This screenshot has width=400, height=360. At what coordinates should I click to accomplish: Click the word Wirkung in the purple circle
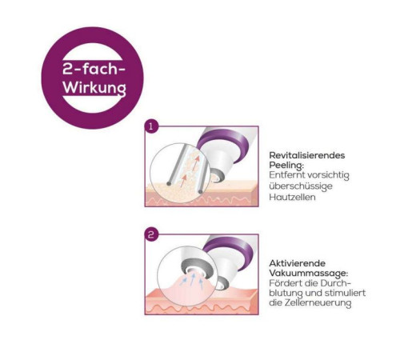pyautogui.click(x=94, y=87)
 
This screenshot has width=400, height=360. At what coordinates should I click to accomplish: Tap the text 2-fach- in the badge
pyautogui.click(x=94, y=69)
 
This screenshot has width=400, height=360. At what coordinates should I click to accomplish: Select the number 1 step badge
pyautogui.click(x=151, y=126)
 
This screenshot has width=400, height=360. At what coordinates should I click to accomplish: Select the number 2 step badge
pyautogui.click(x=151, y=235)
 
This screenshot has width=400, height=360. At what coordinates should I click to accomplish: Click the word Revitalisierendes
pyautogui.click(x=307, y=155)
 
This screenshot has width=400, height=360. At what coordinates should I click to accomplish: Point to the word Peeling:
pyautogui.click(x=286, y=166)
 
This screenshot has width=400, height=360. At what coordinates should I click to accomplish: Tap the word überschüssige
pyautogui.click(x=301, y=186)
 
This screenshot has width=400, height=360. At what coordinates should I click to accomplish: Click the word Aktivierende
pyautogui.click(x=297, y=263)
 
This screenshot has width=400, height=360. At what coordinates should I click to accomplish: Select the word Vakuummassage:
pyautogui.click(x=309, y=274)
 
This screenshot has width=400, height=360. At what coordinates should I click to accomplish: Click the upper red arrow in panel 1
pyautogui.click(x=196, y=163)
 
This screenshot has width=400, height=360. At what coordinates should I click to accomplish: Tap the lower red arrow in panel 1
pyautogui.click(x=183, y=181)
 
